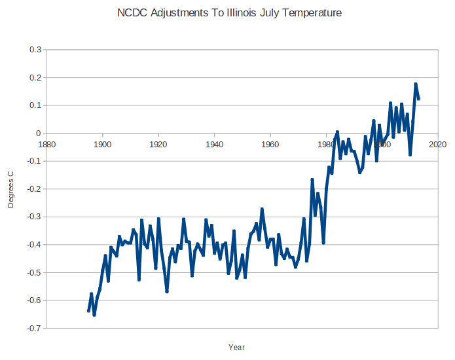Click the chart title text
229,13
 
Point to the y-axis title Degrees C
10,189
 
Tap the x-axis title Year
237,347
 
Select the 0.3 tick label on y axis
35,50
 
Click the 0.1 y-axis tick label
35,105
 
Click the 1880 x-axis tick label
46,143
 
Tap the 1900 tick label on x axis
102,143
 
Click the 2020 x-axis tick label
437,143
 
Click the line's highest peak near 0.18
415,84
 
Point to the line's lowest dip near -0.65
94,315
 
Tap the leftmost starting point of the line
88,311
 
